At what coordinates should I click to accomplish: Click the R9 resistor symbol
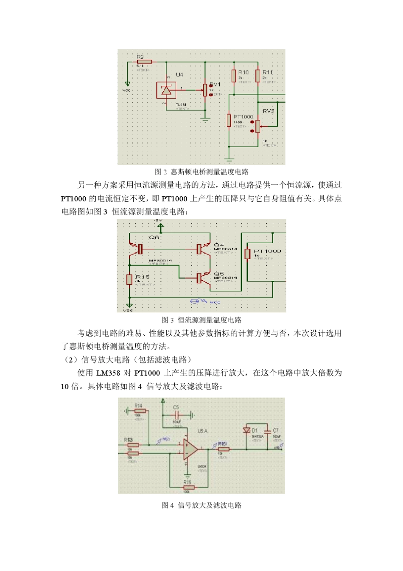click(x=144, y=62)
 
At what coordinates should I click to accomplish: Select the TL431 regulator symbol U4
click(x=166, y=90)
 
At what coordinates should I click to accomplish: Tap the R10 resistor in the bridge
click(x=234, y=76)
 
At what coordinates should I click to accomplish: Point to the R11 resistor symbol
click(x=258, y=76)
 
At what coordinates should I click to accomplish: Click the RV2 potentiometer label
click(x=268, y=111)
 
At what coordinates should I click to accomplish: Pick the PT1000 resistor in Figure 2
click(x=229, y=121)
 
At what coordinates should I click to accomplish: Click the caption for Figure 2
click(x=201, y=172)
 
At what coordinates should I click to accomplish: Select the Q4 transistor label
click(x=219, y=245)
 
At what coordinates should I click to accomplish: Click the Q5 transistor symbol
click(x=201, y=278)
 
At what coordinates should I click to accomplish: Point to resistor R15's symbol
click(x=129, y=279)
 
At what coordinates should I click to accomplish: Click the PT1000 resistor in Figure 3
click(x=247, y=254)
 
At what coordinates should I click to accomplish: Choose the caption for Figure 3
click(x=201, y=320)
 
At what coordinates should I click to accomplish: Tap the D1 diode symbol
click(x=246, y=430)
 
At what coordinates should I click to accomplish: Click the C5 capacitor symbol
click(x=176, y=414)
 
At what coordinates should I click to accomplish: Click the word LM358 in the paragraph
click(x=108, y=373)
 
